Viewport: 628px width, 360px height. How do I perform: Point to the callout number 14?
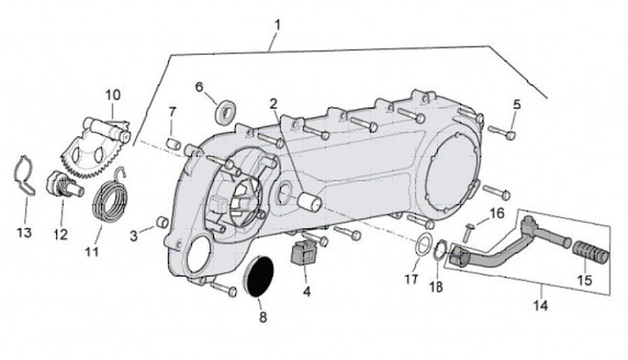[x=541, y=306]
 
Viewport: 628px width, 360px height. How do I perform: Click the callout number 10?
[x=113, y=94]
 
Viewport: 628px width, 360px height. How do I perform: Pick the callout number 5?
[x=516, y=105]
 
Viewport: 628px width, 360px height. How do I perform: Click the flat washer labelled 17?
[x=421, y=245]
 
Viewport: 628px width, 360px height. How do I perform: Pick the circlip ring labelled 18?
[x=441, y=253]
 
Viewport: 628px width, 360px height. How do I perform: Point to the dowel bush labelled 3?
[x=160, y=226]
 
